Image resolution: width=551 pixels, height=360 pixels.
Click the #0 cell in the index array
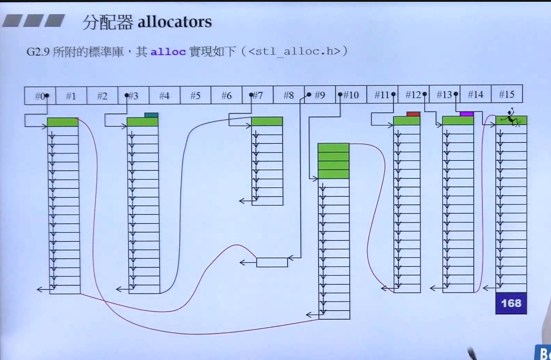click(x=40, y=95)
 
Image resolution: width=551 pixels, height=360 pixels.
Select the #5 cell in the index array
click(x=195, y=95)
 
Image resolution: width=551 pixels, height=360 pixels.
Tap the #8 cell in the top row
click(x=289, y=95)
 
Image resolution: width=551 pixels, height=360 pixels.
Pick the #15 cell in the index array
click(x=506, y=95)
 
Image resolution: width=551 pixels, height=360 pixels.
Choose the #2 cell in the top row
click(x=102, y=95)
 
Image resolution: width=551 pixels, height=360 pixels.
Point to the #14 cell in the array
click(x=475, y=95)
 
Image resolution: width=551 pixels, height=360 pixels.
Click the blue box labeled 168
click(x=511, y=303)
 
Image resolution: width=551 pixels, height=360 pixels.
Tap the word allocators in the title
click(x=175, y=23)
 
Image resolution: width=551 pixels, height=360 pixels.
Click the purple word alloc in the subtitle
click(x=168, y=52)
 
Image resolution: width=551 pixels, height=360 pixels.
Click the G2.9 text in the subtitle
click(x=38, y=52)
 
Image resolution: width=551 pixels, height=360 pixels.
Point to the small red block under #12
click(x=413, y=114)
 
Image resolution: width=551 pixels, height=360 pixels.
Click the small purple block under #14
click(x=467, y=114)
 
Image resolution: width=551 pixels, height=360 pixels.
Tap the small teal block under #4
click(x=151, y=115)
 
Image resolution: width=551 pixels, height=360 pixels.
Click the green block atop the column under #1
click(x=62, y=122)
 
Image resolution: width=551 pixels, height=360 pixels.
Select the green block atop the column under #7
click(x=267, y=121)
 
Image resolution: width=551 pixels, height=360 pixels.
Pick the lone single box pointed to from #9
click(x=272, y=262)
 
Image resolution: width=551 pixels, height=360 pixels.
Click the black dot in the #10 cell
click(x=340, y=94)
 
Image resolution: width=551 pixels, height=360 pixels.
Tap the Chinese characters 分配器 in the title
click(x=108, y=23)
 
